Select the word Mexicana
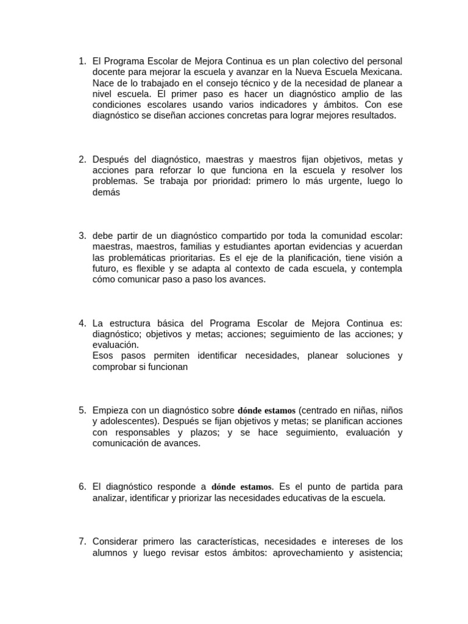(x=381, y=72)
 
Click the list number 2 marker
(x=82, y=160)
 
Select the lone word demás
(x=107, y=192)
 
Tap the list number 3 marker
(x=82, y=236)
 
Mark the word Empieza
(x=111, y=410)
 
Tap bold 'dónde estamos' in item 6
(x=241, y=487)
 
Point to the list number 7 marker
(x=82, y=541)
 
